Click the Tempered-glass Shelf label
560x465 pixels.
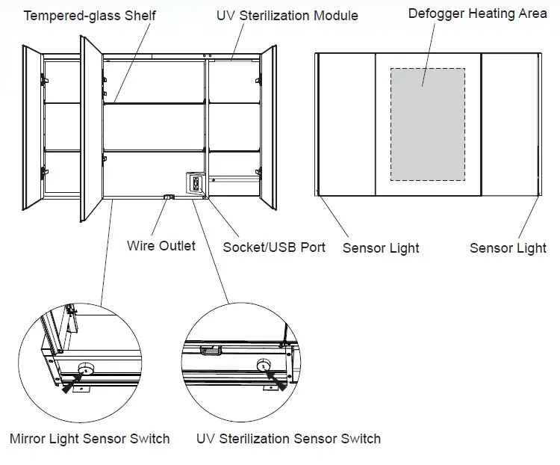point(90,16)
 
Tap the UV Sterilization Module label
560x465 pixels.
point(287,16)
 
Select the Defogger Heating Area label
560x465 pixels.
point(477,14)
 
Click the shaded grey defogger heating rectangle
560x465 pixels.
point(428,124)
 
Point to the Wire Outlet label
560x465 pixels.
point(161,245)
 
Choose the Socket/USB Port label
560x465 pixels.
point(274,247)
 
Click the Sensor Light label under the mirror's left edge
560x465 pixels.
point(381,247)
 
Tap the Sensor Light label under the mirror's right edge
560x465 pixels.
point(508,247)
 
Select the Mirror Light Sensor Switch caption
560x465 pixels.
point(90,439)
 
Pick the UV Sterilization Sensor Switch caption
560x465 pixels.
point(288,439)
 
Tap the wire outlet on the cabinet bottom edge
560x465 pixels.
point(169,197)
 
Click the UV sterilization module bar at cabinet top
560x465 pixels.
point(232,57)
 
